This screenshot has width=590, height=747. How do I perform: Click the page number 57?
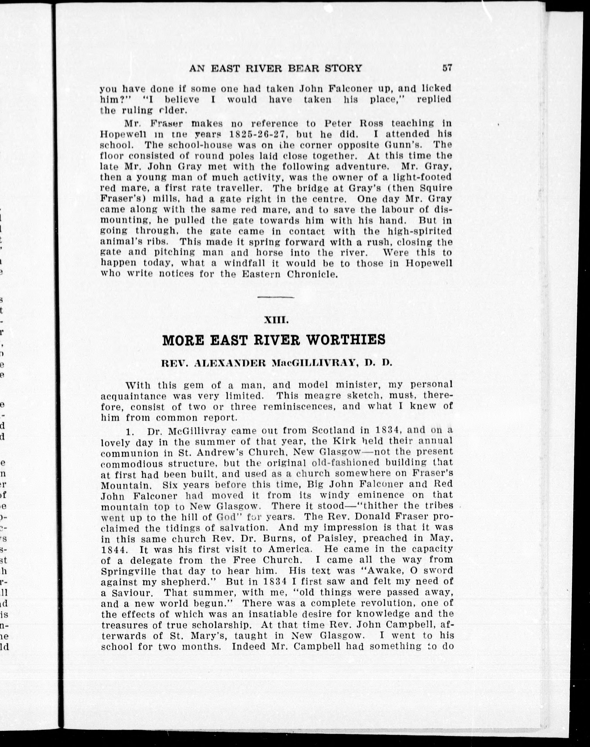447,68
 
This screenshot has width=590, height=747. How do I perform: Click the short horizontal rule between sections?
276,297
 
